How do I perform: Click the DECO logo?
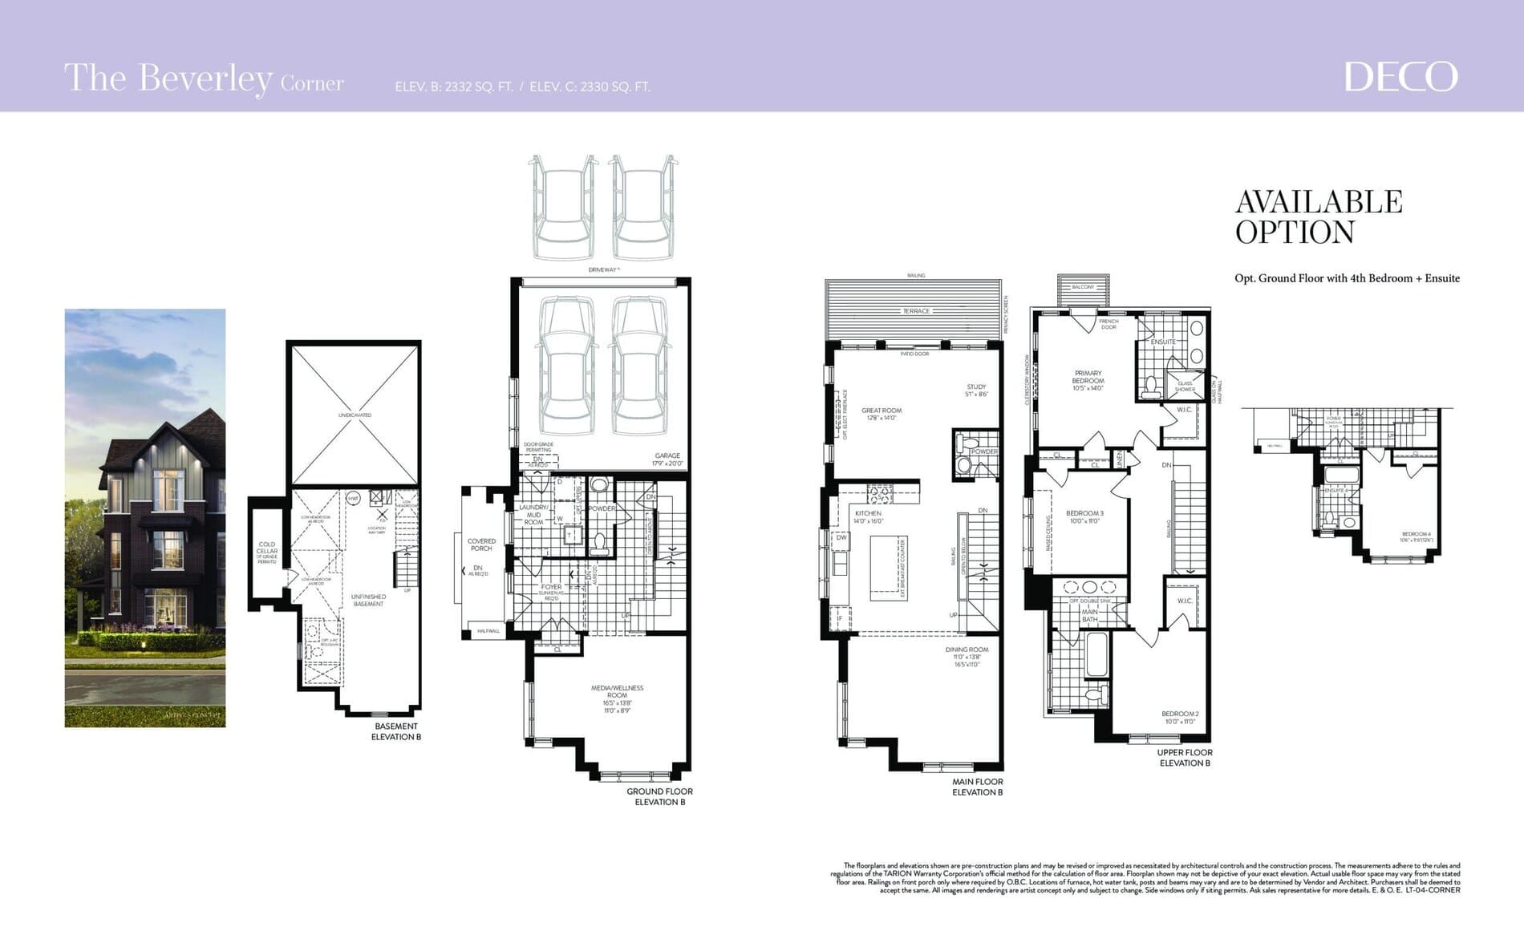1400,77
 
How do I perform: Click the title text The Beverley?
168,79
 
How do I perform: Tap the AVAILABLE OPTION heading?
1318,217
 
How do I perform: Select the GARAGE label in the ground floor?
667,455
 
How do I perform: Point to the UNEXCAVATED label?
355,415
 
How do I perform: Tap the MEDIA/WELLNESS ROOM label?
617,692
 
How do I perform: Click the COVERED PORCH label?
481,544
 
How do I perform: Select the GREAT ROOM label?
881,411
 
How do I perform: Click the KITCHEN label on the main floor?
868,513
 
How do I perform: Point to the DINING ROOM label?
967,650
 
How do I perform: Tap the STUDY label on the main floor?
976,387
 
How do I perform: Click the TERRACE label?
916,311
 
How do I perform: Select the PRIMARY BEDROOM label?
1088,377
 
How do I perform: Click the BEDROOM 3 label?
1084,513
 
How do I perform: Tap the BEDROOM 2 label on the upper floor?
1180,714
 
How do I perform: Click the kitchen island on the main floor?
888,565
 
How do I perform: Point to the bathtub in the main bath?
1096,654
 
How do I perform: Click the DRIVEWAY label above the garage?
603,270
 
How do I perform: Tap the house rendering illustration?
145,518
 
